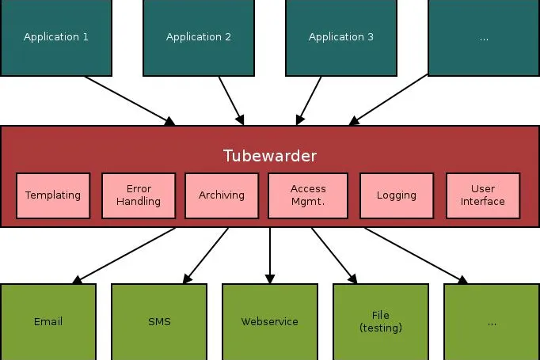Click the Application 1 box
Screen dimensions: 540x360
(55, 37)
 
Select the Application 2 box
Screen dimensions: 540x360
(199, 37)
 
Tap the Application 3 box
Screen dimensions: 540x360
(341, 37)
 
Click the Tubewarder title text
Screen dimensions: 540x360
(270, 156)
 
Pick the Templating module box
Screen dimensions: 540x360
(53, 195)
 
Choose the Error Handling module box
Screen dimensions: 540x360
(139, 195)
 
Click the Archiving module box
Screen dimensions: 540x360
(222, 195)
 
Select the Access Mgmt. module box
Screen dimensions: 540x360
(308, 195)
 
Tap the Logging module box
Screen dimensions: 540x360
(397, 195)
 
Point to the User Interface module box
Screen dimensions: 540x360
(483, 195)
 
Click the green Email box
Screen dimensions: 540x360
(48, 322)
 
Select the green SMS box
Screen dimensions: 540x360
(159, 322)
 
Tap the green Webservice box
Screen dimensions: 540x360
(270, 322)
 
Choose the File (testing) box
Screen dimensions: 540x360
(381, 322)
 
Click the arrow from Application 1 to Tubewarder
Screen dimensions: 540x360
(130, 100)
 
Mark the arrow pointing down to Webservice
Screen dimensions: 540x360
(270, 256)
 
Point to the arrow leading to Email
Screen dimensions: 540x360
(124, 256)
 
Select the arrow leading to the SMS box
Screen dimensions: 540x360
(206, 256)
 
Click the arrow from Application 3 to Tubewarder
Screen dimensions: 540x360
(309, 100)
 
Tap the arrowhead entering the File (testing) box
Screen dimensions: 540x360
(353, 279)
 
